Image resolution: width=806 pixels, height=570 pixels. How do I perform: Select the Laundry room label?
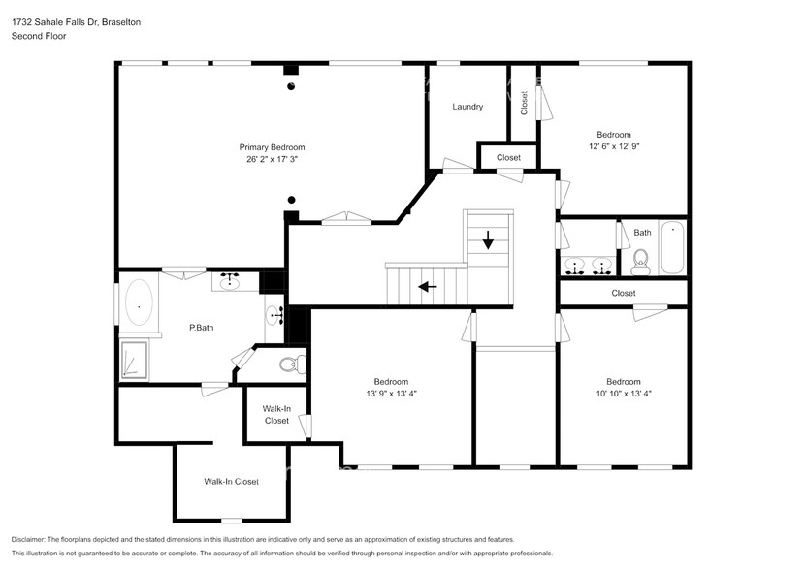(x=467, y=107)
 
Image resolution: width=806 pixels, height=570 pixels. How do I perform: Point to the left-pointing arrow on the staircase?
(x=426, y=286)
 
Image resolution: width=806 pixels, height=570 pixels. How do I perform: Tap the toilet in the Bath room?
(x=640, y=258)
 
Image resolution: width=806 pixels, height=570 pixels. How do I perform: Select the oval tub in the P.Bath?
(x=139, y=302)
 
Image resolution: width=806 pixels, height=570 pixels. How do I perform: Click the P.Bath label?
(x=201, y=328)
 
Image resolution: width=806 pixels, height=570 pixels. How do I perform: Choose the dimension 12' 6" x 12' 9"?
(x=613, y=146)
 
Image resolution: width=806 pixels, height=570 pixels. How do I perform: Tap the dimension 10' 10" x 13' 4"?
(x=623, y=394)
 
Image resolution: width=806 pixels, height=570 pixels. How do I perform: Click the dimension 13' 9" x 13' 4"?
(x=391, y=394)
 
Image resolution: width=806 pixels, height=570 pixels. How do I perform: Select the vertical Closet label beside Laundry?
(x=525, y=103)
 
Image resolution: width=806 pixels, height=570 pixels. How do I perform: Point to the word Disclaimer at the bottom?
(x=33, y=539)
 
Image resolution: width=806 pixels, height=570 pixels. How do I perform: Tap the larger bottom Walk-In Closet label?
(x=231, y=482)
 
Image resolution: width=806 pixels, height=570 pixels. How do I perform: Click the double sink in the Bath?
(x=588, y=264)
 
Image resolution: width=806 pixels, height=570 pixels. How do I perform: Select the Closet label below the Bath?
(x=624, y=293)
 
